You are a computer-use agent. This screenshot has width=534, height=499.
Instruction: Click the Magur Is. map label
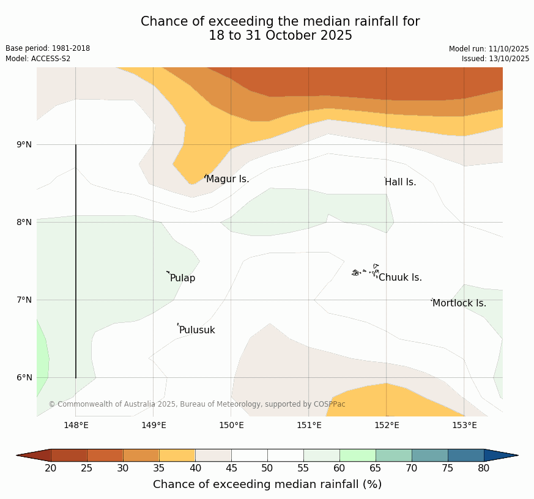click(228, 179)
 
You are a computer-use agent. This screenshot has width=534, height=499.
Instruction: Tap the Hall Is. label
click(401, 182)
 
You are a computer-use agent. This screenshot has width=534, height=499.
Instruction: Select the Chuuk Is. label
click(400, 278)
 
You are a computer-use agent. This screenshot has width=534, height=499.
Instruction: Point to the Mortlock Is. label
click(459, 303)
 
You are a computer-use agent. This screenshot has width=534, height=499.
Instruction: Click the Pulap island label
click(183, 278)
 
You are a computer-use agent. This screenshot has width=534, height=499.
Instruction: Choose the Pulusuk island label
click(197, 330)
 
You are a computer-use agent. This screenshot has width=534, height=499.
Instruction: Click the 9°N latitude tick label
click(24, 145)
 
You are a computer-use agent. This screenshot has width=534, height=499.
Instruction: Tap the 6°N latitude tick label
click(24, 378)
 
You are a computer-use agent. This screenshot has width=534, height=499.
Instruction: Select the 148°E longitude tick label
click(76, 426)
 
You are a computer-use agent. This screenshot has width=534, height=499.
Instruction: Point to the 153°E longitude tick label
click(464, 426)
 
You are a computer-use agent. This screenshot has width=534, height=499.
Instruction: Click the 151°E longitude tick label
click(309, 426)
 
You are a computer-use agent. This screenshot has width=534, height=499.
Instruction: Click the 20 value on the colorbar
click(51, 468)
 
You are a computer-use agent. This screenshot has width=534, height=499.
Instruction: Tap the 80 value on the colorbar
click(484, 468)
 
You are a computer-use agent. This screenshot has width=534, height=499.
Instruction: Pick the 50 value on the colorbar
click(267, 468)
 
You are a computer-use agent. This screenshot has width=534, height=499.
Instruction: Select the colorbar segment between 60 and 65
click(357, 455)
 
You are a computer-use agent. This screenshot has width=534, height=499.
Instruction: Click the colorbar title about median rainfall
click(267, 484)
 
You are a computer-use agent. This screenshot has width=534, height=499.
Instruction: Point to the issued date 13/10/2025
click(495, 59)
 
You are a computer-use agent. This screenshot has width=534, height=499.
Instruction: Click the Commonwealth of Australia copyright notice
click(197, 404)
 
